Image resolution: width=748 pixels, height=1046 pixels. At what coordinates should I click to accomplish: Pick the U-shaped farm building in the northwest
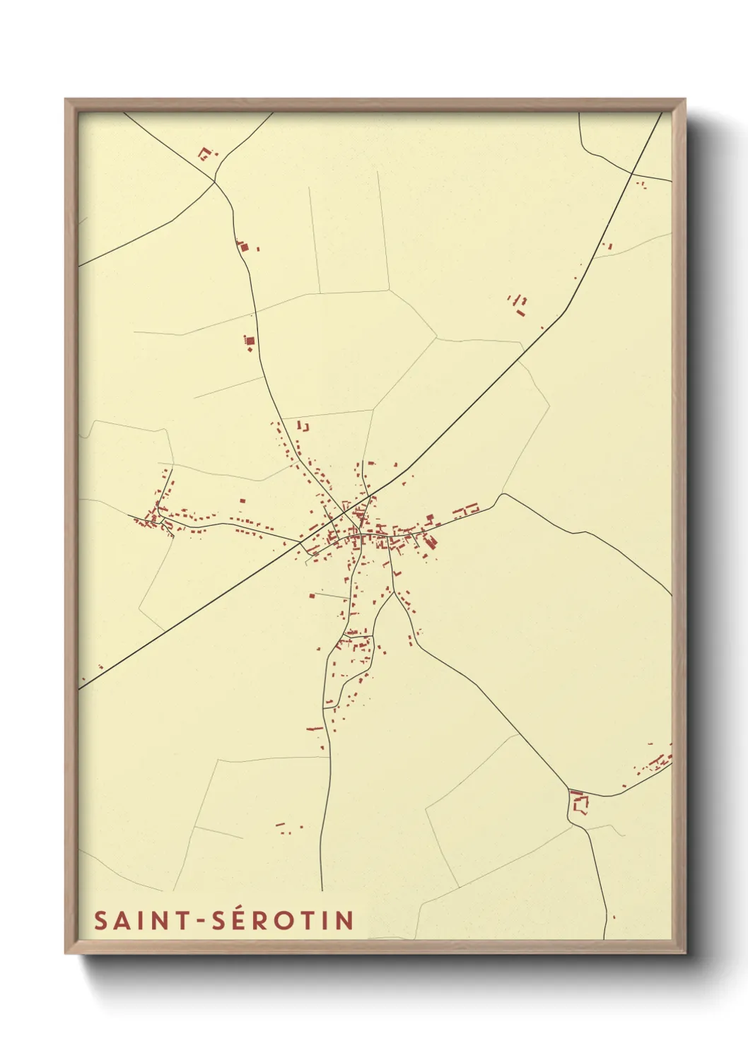[205, 153]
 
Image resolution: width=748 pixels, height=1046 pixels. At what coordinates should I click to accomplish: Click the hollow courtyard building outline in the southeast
[580, 804]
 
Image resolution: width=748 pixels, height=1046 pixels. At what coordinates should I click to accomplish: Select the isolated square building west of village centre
[242, 500]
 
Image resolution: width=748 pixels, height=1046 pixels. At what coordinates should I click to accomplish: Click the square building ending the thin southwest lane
[311, 596]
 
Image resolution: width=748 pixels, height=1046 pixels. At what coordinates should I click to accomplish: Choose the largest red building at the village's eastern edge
[431, 541]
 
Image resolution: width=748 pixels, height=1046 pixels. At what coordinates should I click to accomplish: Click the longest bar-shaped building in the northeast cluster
[521, 312]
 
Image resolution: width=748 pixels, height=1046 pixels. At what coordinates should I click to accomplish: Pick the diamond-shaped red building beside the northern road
[242, 247]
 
